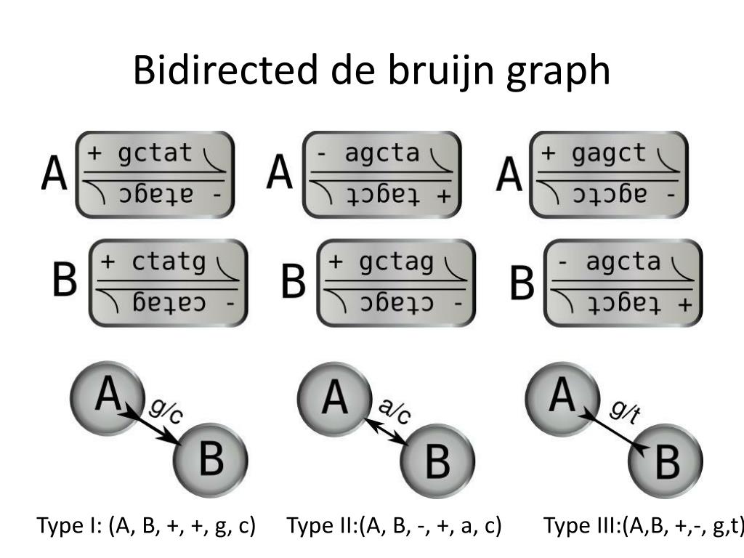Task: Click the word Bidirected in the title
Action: coord(225,70)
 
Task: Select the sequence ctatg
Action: coord(169,262)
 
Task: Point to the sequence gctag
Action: coord(396,262)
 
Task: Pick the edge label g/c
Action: coord(165,412)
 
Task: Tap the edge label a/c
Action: coord(395,412)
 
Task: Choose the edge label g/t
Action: coord(624,411)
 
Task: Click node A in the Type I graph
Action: coord(108,398)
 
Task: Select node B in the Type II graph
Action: coord(437,460)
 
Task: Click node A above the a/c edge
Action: coord(334,398)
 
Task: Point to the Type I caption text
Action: coord(146,526)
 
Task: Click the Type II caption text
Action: coord(394,526)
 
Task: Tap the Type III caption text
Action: coord(644,526)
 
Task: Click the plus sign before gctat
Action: coord(94,153)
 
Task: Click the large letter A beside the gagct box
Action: coord(509,174)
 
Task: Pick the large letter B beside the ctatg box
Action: coord(64,279)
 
